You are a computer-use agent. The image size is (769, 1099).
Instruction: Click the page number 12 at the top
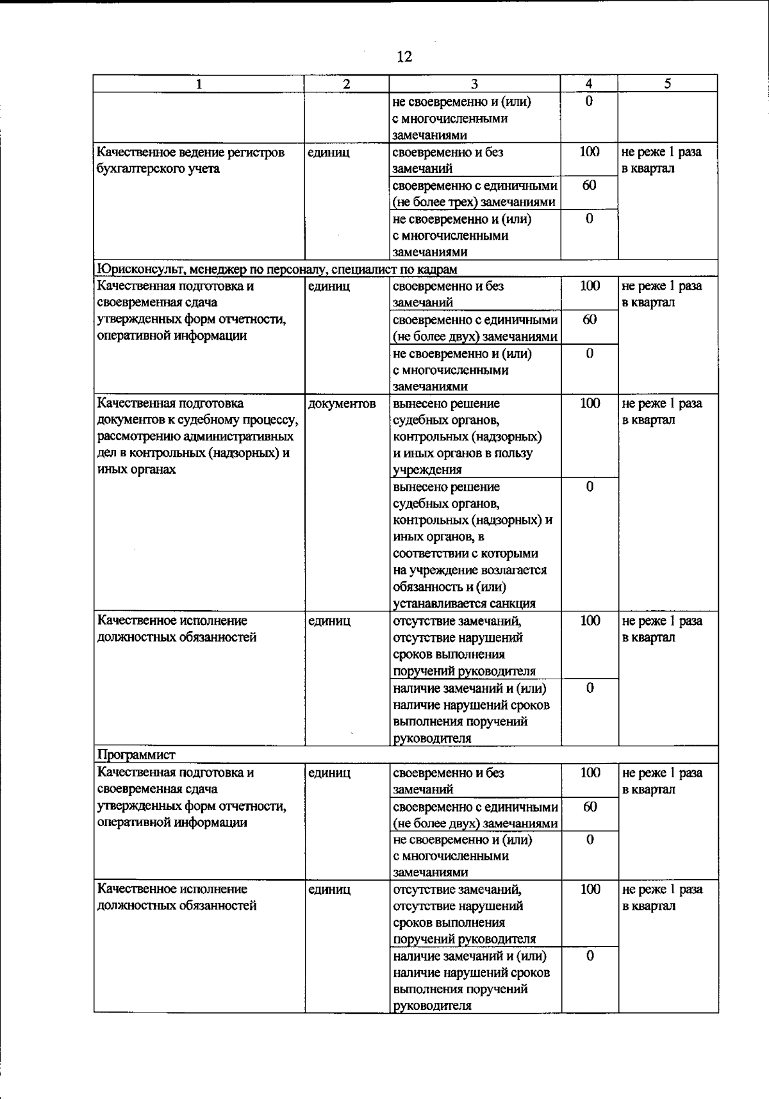coord(404,56)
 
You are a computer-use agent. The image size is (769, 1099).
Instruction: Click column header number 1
coord(199,84)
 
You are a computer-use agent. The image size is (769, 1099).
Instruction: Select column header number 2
coord(346,84)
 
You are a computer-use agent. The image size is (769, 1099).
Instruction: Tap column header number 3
coord(474,84)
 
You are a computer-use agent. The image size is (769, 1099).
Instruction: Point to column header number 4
coord(589,84)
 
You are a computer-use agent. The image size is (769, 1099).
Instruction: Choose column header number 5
coord(667,84)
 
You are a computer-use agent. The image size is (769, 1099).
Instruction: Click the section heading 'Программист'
coord(136,754)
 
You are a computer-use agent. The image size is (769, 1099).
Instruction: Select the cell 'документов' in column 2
coord(342,404)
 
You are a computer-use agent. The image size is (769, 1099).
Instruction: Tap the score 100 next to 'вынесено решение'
coord(590,404)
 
